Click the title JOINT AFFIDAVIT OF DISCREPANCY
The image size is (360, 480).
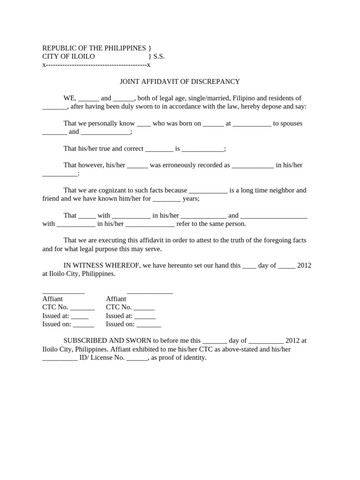click(x=180, y=82)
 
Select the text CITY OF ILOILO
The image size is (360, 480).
click(x=68, y=56)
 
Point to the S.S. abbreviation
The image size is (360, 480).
click(x=159, y=56)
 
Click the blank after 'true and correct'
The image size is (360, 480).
click(x=159, y=149)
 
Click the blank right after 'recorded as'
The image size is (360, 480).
click(x=253, y=165)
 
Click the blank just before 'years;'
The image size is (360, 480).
click(x=166, y=199)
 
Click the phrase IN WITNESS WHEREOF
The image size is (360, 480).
click(x=102, y=265)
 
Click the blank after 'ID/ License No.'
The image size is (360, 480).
click(x=137, y=358)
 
